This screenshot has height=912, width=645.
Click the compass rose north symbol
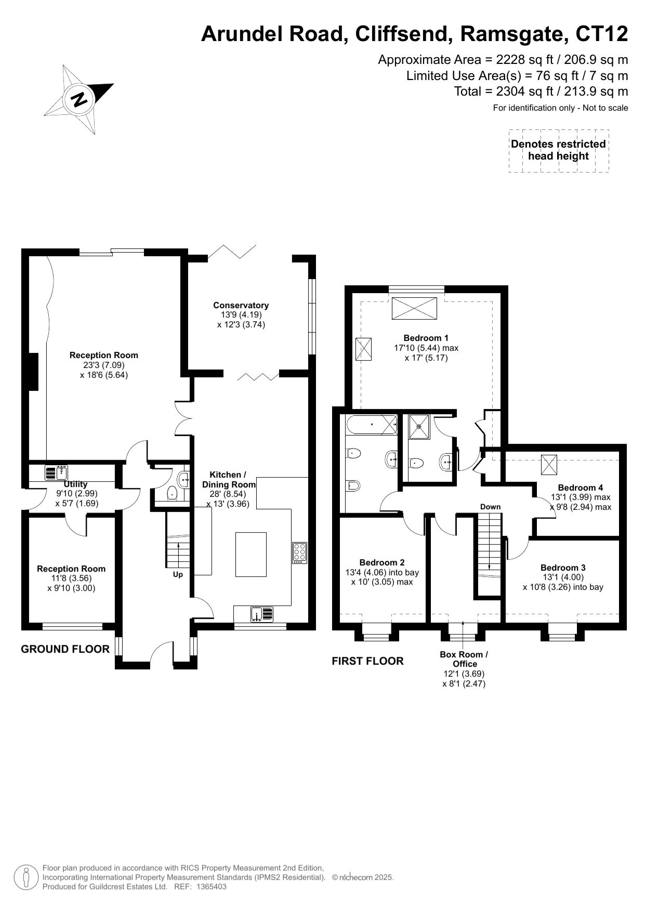coord(78,99)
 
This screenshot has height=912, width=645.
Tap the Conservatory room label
coord(241,305)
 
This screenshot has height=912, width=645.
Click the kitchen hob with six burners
coord(300,552)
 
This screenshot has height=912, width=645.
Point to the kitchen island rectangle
coord(251,554)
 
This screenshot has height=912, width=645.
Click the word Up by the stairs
coord(178,575)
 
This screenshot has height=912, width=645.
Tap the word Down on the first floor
coord(490,507)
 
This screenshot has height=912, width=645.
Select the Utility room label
coord(76,484)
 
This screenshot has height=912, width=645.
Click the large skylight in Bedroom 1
coord(414,308)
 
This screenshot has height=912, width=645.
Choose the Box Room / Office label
coord(464,659)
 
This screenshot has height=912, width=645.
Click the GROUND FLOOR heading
coord(65,649)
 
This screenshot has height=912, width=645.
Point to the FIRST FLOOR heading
coord(367,661)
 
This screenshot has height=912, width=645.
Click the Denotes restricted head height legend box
coord(559,150)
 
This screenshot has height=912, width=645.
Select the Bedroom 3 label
coord(563,567)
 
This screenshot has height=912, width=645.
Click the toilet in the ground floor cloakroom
coord(173,493)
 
